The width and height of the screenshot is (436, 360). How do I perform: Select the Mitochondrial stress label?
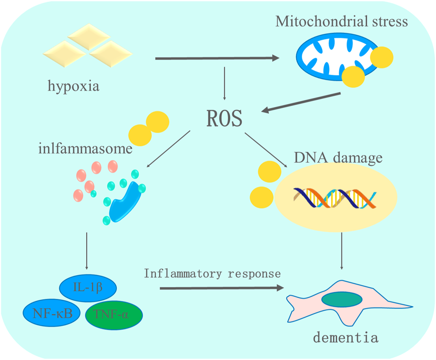tap(342, 22)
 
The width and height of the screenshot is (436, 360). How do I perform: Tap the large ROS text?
tap(224, 119)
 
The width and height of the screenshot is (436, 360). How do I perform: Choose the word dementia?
tap(346, 337)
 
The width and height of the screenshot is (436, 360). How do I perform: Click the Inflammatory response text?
tap(212, 273)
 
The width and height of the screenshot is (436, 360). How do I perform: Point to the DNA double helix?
tap(334, 198)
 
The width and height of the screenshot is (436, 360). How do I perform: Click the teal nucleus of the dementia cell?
tap(342, 299)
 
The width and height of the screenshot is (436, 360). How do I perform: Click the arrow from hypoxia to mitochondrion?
tap(217, 58)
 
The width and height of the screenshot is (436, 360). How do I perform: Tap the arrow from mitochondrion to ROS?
tap(301, 102)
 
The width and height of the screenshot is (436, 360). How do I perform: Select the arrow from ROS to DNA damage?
tap(266, 150)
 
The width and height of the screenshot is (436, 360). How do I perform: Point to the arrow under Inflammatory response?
tap(221, 286)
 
